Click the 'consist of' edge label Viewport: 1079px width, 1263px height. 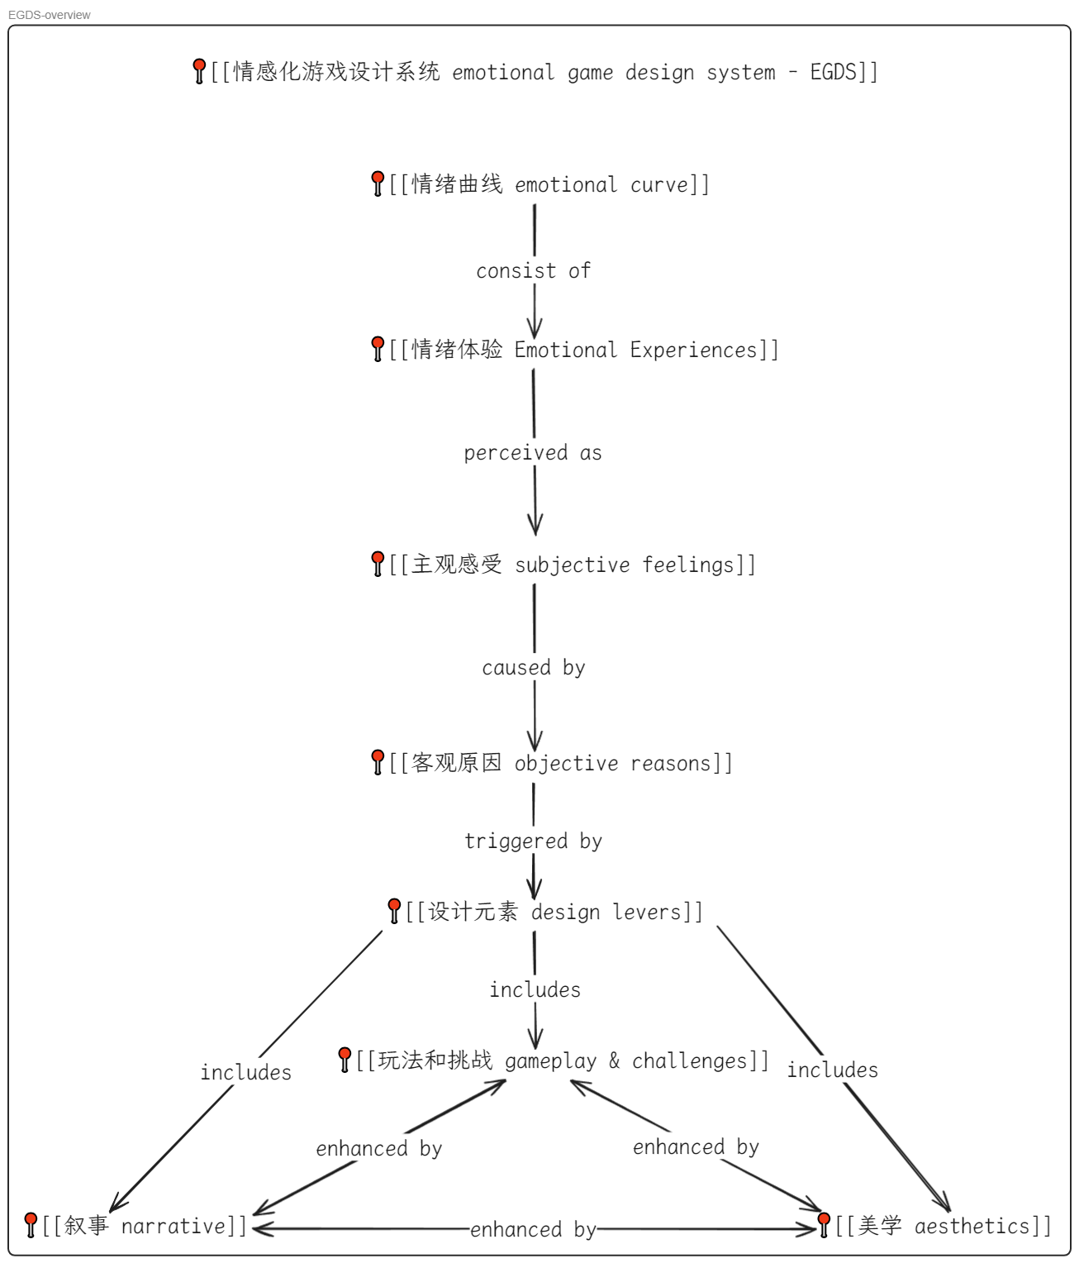pyautogui.click(x=533, y=271)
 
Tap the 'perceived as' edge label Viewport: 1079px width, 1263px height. pyautogui.click(x=533, y=453)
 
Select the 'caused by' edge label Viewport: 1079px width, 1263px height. pyautogui.click(x=534, y=668)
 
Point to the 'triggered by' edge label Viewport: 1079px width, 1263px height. pyautogui.click(x=533, y=841)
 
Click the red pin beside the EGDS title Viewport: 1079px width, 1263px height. pyautogui.click(x=199, y=70)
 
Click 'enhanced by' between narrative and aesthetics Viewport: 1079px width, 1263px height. pyautogui.click(x=533, y=1230)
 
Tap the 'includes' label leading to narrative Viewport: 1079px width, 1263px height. pyautogui.click(x=246, y=1073)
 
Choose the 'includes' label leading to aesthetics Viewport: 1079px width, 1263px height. pyautogui.click(x=832, y=1070)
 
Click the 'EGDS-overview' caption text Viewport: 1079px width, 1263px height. pyautogui.click(x=50, y=15)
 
